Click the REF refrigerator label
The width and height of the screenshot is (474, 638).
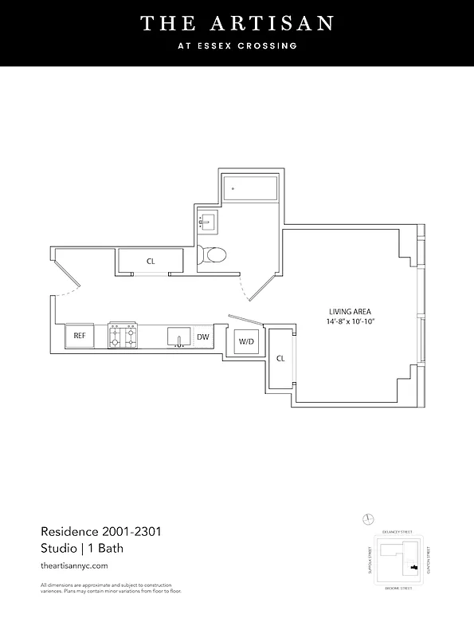tap(79, 337)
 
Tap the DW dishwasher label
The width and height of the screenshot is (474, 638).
tap(203, 337)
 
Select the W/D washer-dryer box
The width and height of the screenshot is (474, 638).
tap(246, 343)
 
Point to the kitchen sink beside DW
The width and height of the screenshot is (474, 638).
tap(179, 337)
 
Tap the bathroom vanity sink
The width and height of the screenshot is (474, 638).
tap(210, 222)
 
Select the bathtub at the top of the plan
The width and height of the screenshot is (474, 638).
tap(249, 188)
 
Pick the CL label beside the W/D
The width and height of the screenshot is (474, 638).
tap(280, 359)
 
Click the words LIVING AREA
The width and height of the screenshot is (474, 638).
tap(350, 311)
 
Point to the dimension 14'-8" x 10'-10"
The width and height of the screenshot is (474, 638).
tap(350, 321)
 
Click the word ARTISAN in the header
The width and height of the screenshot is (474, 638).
tap(275, 24)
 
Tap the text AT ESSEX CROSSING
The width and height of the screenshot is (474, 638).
tap(237, 45)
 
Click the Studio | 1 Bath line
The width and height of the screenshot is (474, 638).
tap(80, 548)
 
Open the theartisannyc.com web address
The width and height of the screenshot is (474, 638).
tap(73, 565)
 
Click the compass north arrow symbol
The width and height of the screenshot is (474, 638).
tap(367, 519)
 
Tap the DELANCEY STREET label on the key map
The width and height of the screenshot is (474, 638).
tap(399, 530)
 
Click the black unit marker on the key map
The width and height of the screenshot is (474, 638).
tap(413, 567)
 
